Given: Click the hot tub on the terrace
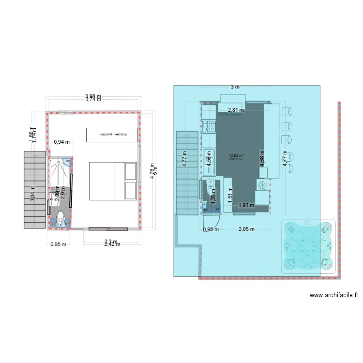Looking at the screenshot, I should (308, 247).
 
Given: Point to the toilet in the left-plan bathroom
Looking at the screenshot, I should (60, 219).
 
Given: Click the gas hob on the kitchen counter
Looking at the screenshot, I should (210, 127).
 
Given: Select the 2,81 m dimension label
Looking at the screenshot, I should (235, 110).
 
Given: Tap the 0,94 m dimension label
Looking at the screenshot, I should (61, 142).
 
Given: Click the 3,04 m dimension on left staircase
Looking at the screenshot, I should (33, 194).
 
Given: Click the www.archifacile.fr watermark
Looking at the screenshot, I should (333, 295).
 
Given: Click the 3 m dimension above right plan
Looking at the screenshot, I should (235, 87).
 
